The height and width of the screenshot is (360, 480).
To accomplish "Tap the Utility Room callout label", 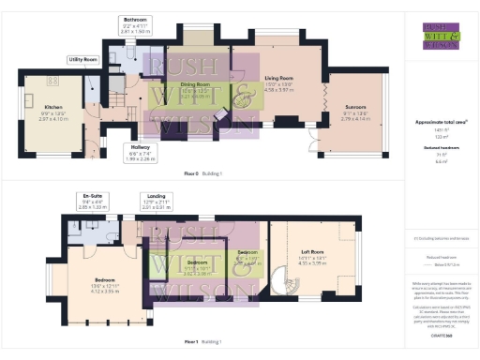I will tap(82, 59).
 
